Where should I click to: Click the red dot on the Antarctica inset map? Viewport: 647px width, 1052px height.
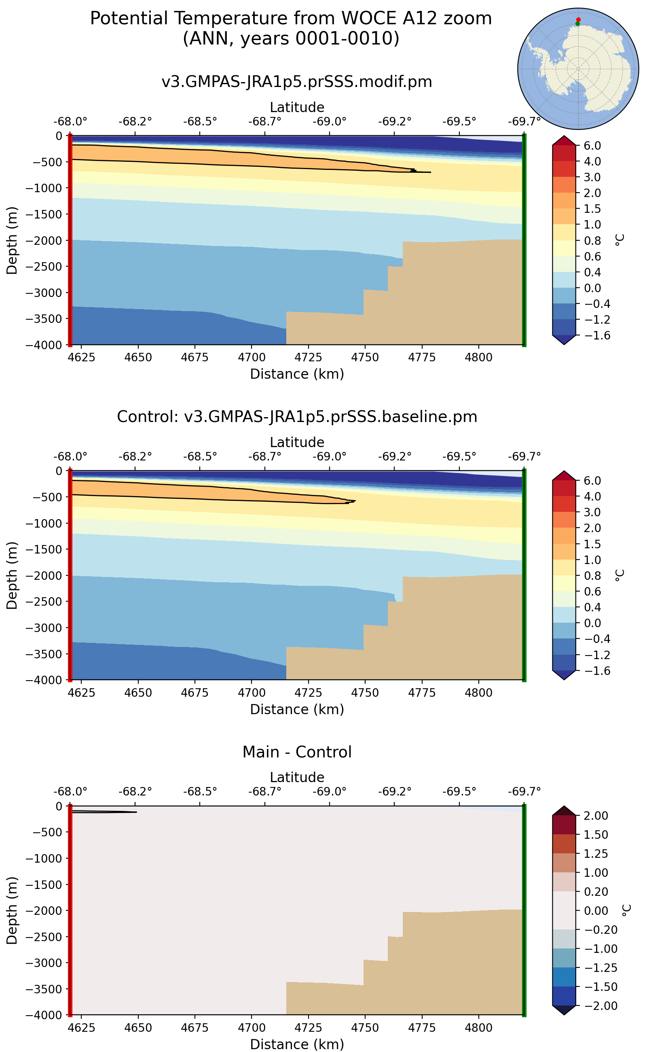pos(578,20)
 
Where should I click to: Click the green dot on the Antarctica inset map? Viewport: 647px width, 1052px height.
pos(578,24)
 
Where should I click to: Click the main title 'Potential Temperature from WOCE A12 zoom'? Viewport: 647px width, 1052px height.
pos(291,19)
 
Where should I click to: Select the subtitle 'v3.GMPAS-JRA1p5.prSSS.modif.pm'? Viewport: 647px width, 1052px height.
pos(296,81)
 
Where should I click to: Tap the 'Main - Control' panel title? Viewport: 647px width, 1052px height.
pos(296,752)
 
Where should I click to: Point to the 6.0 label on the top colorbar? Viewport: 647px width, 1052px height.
pos(592,146)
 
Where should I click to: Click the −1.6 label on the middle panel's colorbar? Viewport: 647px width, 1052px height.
pos(592,670)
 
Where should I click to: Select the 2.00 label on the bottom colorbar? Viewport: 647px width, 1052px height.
pos(596,816)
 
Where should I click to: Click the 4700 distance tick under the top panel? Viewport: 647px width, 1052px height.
pos(251,357)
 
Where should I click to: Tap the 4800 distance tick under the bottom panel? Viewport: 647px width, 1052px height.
pos(478,1028)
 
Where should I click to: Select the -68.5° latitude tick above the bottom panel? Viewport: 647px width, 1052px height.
pos(200,792)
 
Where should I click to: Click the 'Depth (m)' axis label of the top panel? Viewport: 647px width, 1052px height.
pos(12,241)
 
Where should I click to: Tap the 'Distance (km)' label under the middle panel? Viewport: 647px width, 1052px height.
pos(296,709)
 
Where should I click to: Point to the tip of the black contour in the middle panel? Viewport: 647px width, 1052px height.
pos(355,501)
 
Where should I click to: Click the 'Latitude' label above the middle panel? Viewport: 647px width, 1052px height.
pos(296,442)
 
